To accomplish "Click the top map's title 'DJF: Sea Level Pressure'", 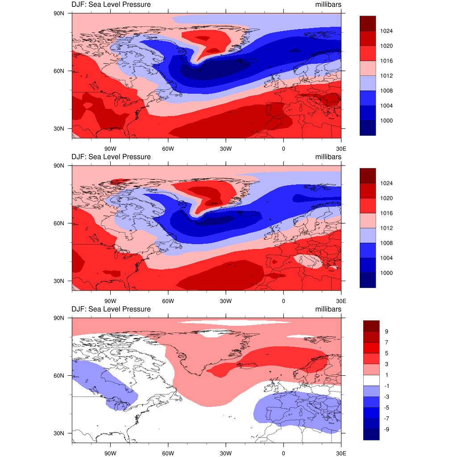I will tap(111, 5).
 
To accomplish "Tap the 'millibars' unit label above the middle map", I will tap(328, 157).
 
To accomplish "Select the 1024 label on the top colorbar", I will tap(386, 31).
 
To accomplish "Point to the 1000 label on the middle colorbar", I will tap(386, 273).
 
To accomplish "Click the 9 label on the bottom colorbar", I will tap(386, 332).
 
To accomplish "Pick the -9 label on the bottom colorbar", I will tap(388, 429).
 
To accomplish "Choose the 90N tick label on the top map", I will tap(59, 13).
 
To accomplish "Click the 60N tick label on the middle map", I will tap(59, 223).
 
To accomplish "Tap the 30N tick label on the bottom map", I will tap(59, 433).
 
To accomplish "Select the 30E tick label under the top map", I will tap(341, 149).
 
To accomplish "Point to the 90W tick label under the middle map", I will tap(110, 301).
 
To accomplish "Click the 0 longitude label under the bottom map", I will tap(283, 453).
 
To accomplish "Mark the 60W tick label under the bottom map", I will tap(168, 453).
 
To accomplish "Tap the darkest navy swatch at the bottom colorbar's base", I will tap(371, 435).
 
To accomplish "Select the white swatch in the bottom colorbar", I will tap(371, 380).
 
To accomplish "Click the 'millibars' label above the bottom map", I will tap(328, 309).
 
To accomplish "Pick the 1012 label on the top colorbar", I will tap(386, 76).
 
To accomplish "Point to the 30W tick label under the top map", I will tap(225, 149).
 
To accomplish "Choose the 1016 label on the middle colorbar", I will tap(386, 213).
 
